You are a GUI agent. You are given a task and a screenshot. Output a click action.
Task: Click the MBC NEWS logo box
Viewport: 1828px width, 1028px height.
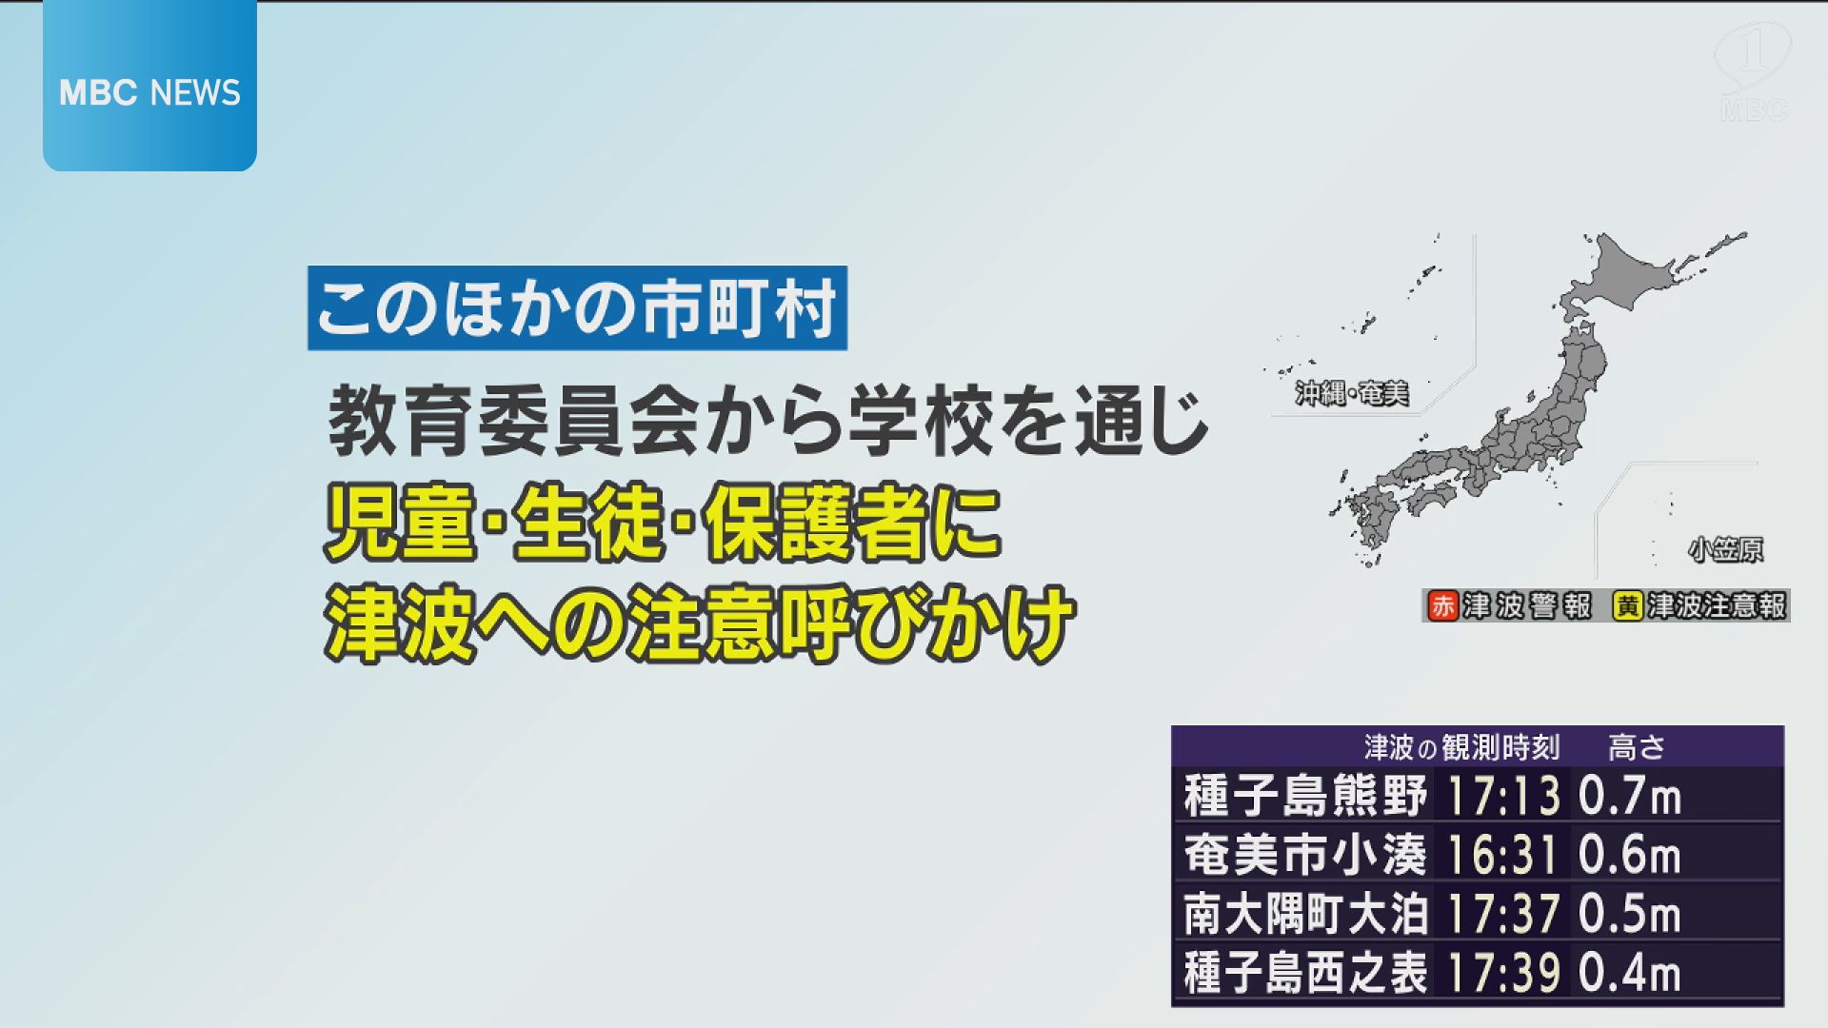click(149, 91)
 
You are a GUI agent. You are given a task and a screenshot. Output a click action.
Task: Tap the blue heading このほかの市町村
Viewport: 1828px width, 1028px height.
click(577, 308)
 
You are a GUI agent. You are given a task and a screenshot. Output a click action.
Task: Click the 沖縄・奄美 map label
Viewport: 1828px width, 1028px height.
click(1351, 393)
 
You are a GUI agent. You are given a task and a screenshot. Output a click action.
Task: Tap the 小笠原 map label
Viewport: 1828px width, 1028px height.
click(1725, 549)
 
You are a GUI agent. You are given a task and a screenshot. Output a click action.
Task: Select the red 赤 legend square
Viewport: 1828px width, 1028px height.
click(1443, 606)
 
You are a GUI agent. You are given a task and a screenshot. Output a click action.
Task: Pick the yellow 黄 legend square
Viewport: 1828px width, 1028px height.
click(1628, 606)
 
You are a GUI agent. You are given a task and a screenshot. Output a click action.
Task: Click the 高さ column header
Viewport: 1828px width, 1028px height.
click(1636, 747)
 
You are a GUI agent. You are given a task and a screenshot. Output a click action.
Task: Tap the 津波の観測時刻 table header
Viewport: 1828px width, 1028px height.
click(1461, 747)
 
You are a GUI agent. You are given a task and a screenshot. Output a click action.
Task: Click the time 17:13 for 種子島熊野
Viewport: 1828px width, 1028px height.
click(1503, 796)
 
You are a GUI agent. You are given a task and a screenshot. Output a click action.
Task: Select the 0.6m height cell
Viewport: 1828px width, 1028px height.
click(1629, 855)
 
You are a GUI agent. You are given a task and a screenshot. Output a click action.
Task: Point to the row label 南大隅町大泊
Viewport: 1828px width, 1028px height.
click(1304, 914)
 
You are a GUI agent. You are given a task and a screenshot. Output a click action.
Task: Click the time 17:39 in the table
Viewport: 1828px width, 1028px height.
click(1503, 973)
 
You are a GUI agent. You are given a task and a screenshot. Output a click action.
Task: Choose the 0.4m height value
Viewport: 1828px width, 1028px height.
click(1629, 973)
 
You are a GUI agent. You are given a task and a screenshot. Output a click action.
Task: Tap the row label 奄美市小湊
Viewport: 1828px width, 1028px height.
click(1304, 855)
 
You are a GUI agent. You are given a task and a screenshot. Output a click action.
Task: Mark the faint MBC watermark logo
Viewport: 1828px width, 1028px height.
click(1753, 71)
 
